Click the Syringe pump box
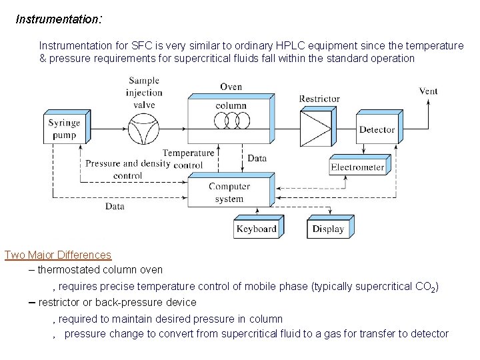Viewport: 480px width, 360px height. point(63,129)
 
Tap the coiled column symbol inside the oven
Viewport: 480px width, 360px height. point(231,119)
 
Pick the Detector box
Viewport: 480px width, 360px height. point(377,129)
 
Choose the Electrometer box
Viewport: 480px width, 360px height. point(357,167)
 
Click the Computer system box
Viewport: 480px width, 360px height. point(229,193)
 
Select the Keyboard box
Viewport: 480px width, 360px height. point(256,229)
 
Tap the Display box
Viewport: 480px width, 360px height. point(328,229)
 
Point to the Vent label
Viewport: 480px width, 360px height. point(428,91)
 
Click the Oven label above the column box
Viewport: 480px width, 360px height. point(231,87)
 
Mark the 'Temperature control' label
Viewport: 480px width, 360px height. point(189,159)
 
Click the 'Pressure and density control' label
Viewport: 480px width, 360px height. point(128,169)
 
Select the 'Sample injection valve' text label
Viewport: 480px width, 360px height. point(144,93)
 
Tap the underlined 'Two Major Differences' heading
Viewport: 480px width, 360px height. point(58,255)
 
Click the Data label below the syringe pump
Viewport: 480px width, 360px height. point(115,207)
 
